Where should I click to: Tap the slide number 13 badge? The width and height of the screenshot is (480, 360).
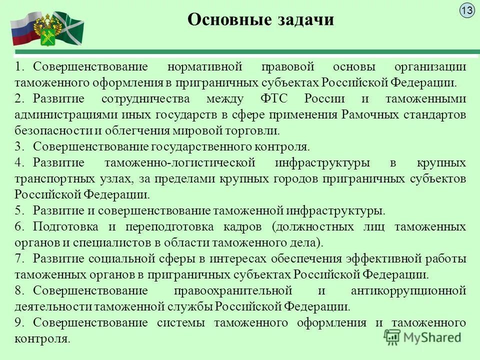pyautogui.click(x=467, y=10)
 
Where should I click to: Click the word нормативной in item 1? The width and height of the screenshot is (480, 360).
pyautogui.click(x=204, y=66)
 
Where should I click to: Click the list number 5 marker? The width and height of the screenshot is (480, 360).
pyautogui.click(x=19, y=210)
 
